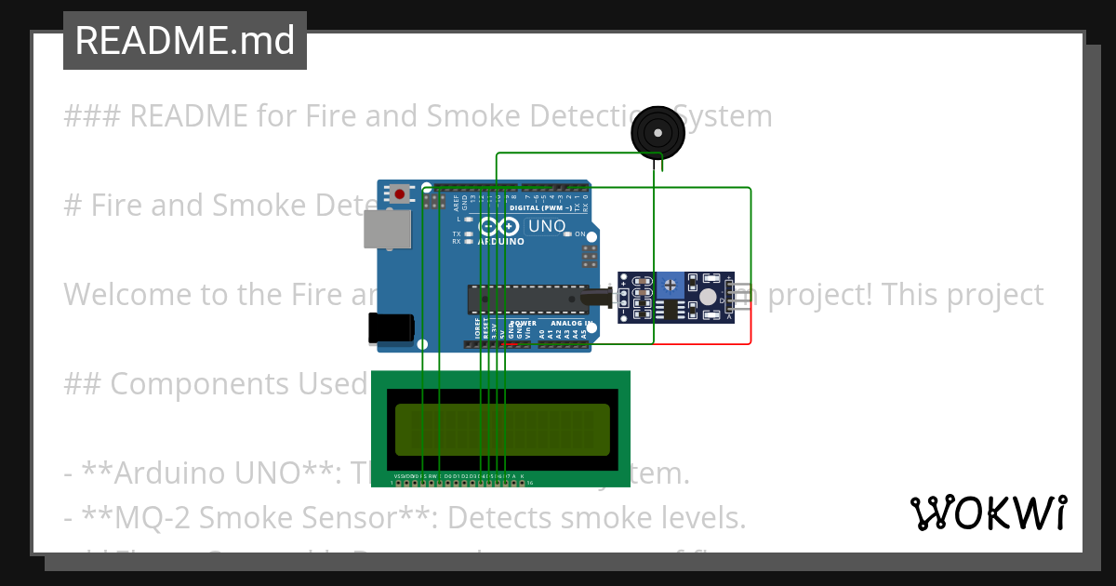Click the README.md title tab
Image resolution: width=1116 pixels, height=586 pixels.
coord(184,41)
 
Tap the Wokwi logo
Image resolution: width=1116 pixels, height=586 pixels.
coord(988,513)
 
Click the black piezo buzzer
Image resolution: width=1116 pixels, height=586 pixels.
coord(658,133)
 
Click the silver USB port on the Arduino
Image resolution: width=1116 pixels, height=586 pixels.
coord(386,229)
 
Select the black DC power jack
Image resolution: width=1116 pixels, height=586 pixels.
coord(391,327)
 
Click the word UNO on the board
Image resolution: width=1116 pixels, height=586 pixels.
coord(547,226)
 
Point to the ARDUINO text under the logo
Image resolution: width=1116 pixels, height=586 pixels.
coord(501,242)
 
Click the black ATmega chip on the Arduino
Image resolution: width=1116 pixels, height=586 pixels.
coord(527,299)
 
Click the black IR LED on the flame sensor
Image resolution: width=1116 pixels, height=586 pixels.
coord(595,299)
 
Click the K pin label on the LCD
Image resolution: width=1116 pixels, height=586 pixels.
coord(522,476)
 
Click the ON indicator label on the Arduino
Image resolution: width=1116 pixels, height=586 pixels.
coord(579,234)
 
